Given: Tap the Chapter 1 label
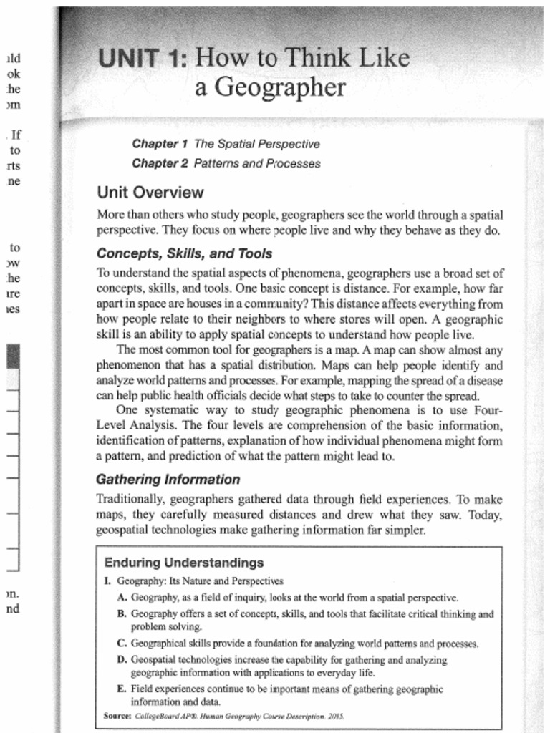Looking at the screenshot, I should pos(160,144).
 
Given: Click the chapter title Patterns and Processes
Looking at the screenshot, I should pos(257,164).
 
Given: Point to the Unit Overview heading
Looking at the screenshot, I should pos(150,193).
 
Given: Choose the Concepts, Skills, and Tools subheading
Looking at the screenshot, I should pos(184,253).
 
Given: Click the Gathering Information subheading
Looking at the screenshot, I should pos(168,479).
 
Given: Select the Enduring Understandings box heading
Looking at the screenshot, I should pos(184,563).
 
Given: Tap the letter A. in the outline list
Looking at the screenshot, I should pos(122,597).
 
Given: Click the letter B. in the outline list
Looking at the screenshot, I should pos(122,613).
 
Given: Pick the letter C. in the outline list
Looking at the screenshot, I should pos(122,643).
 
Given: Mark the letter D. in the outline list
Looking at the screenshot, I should pos(122,659).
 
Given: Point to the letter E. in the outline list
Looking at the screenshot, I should pos(122,689).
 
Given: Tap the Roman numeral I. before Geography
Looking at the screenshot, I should pos(107,581).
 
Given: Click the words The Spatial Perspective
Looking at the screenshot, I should pos(256,144).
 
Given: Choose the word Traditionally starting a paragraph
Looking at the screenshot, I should pos(130,499).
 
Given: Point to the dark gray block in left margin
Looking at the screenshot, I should pos(13,356).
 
